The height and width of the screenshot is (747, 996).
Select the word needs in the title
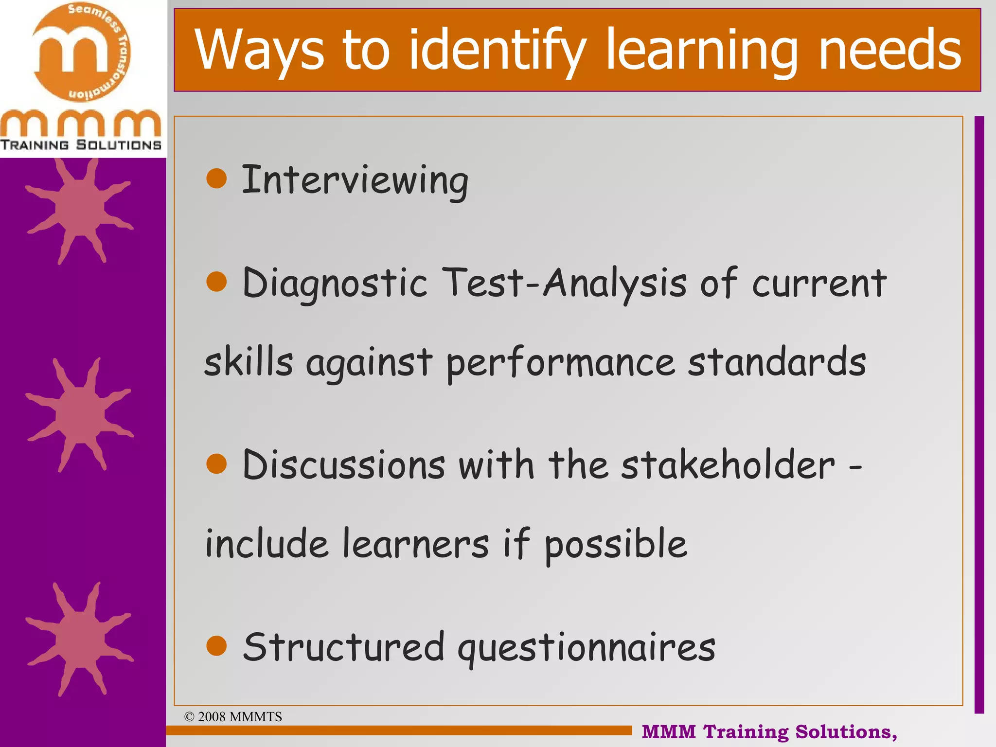[x=889, y=50]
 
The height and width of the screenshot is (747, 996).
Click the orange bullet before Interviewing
[x=216, y=178]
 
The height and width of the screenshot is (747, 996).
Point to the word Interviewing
[x=355, y=181]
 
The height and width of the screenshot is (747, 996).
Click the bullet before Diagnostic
[x=216, y=282]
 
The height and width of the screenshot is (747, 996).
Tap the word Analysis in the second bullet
[x=615, y=283]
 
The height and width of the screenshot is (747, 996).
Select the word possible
[x=616, y=545]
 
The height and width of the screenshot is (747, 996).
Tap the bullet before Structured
[x=216, y=646]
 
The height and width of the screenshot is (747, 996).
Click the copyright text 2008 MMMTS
[x=233, y=716]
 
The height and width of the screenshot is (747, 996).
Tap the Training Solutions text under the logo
[x=81, y=145]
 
